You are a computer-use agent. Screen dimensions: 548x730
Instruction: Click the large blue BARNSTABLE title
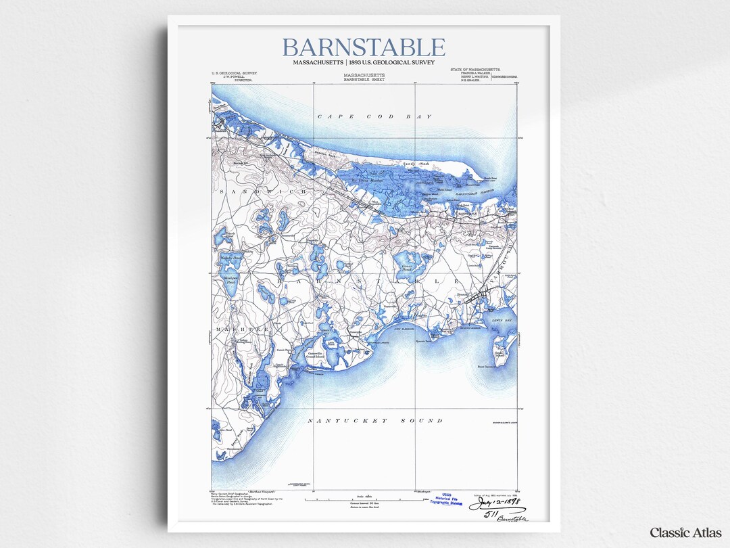(364, 48)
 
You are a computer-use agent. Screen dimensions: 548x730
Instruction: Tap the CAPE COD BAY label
(374, 117)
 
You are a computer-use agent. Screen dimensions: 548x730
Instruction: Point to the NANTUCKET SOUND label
(375, 421)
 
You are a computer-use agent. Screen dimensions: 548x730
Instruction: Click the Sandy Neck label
(416, 164)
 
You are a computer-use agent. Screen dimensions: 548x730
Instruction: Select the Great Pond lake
(408, 260)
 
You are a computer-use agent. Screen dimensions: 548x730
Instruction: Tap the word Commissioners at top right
(504, 77)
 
